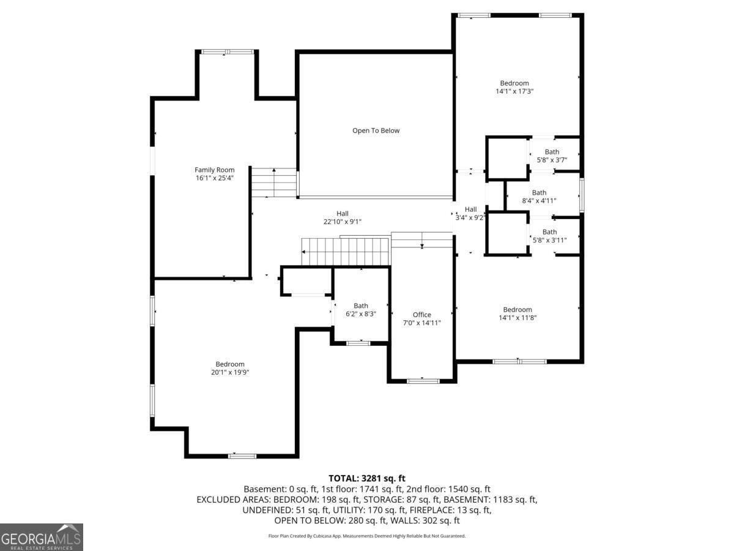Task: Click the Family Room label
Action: point(214,170)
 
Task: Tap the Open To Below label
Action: point(376,130)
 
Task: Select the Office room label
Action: point(421,315)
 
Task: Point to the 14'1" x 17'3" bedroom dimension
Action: point(514,91)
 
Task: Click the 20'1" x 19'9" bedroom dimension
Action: point(230,372)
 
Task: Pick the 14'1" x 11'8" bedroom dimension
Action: point(517,318)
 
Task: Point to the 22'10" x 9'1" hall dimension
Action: point(343,222)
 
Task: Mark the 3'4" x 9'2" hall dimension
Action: point(470,218)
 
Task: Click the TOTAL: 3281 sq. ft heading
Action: point(367,478)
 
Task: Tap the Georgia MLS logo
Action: point(41,537)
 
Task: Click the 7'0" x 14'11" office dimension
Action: point(421,323)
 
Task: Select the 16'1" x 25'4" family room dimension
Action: point(214,178)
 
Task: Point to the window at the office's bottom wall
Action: point(423,381)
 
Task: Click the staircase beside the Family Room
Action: point(274,182)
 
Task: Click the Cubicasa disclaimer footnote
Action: point(367,536)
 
